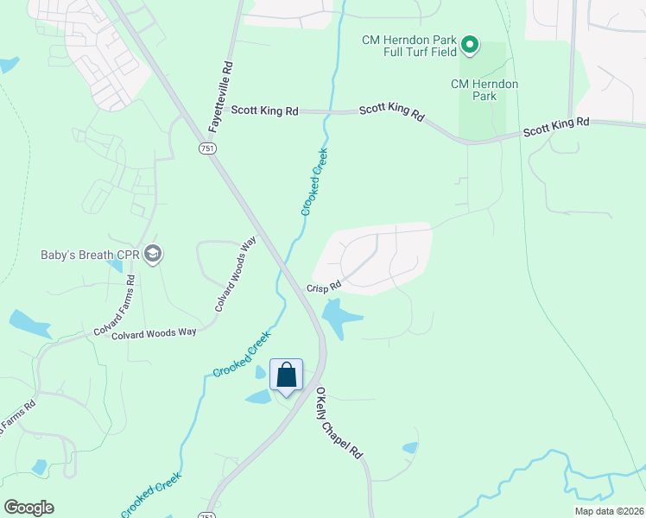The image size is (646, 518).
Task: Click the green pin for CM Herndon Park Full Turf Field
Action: [470, 44]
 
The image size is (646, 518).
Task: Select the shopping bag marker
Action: [287, 376]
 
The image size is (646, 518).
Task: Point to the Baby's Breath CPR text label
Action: [89, 255]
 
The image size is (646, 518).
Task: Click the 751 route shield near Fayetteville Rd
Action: [206, 148]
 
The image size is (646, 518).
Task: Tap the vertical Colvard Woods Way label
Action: [236, 275]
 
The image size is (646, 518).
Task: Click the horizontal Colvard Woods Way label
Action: [154, 332]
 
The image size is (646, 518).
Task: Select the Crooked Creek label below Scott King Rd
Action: [314, 182]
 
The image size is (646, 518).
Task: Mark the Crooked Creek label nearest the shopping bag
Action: [242, 354]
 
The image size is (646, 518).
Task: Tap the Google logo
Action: [28, 508]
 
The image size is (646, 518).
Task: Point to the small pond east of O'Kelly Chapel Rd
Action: [409, 448]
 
